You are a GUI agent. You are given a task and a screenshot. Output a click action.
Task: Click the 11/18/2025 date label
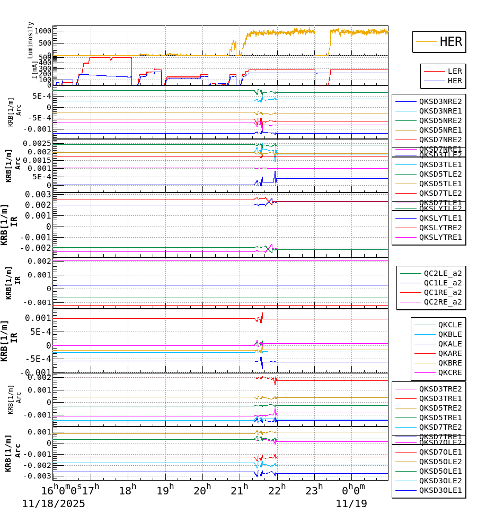[x=54, y=504]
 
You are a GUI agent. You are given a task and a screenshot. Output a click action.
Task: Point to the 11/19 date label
[x=351, y=504]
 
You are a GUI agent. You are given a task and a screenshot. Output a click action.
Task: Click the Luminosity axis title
[x=31, y=40]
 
